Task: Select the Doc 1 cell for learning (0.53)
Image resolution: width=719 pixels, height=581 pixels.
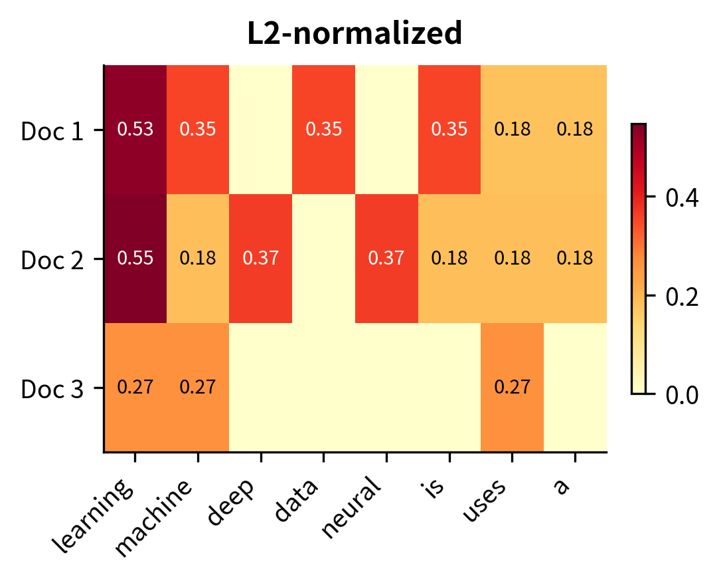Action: (x=135, y=129)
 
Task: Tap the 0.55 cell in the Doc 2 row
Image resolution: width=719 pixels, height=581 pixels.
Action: (x=135, y=258)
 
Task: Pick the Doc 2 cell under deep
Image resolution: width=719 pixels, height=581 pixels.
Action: (x=261, y=258)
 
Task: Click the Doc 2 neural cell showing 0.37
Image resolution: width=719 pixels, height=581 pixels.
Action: (x=386, y=258)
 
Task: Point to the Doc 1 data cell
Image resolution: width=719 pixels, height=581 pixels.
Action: (x=323, y=129)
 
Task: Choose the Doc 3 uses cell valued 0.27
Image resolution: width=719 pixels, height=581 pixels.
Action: (x=512, y=387)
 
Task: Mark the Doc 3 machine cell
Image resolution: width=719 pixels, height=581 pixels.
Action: (x=198, y=387)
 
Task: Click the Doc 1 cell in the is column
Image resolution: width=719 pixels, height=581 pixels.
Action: (x=449, y=129)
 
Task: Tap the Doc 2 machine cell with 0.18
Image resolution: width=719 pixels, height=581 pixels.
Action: (x=198, y=258)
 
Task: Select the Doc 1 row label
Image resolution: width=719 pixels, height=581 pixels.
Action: (x=52, y=131)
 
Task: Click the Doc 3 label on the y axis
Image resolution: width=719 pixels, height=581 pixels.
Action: (x=52, y=389)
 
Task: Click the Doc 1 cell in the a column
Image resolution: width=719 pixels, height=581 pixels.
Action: (x=575, y=129)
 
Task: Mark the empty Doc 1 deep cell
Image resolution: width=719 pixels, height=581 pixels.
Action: (x=261, y=129)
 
